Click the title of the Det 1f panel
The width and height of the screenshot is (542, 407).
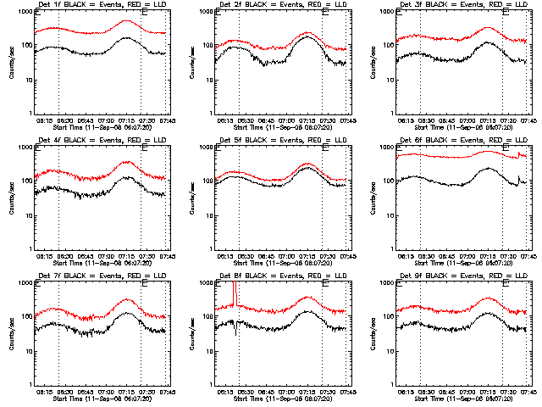pos(94,6)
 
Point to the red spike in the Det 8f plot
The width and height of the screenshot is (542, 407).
pos(235,293)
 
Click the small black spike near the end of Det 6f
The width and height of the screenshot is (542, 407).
pos(518,176)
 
